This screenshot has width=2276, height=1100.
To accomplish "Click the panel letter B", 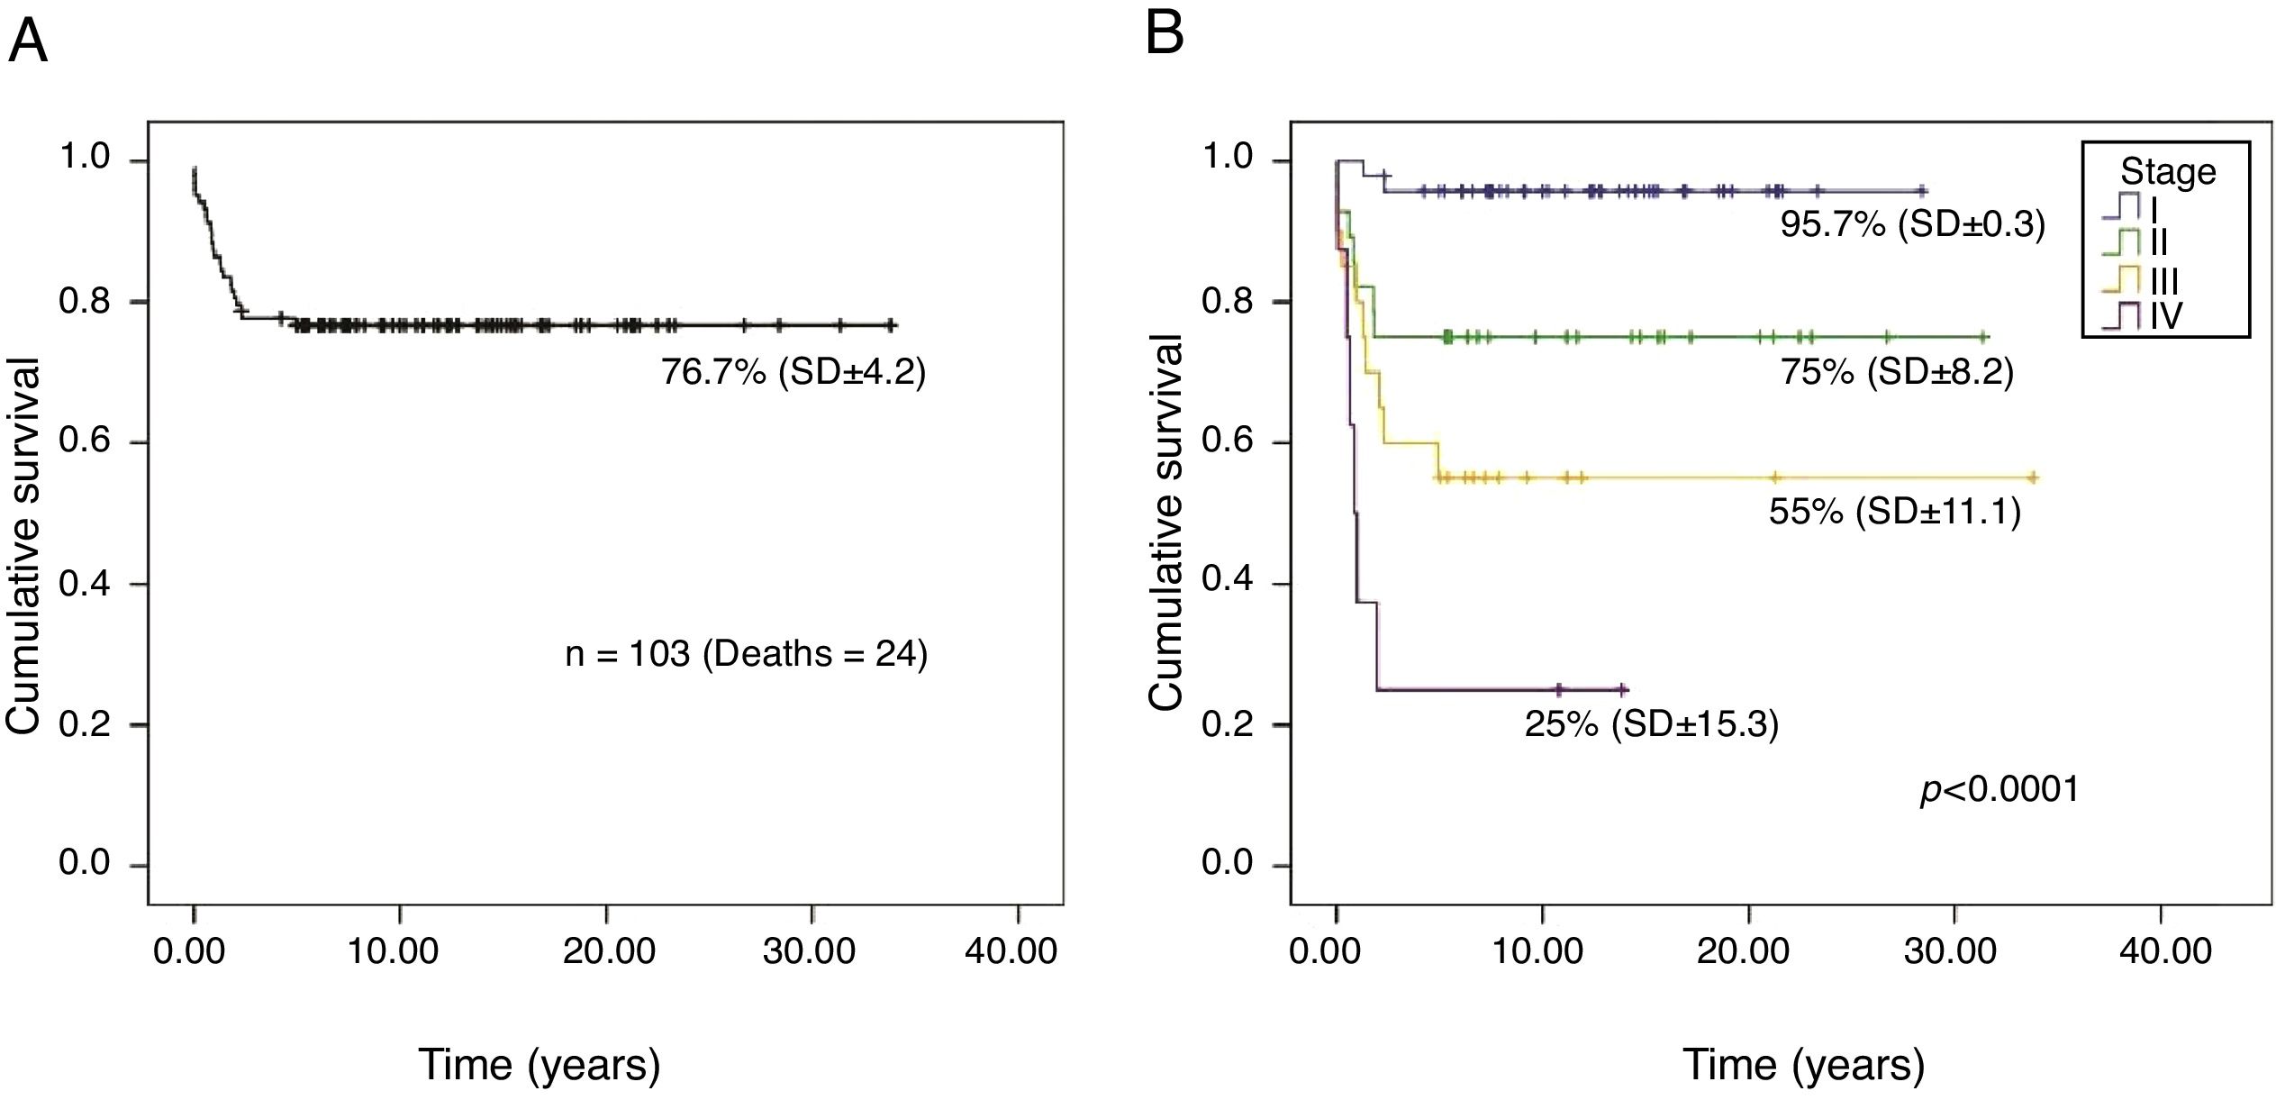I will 1165,33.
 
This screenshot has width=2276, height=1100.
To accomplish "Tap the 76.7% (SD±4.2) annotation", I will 793,371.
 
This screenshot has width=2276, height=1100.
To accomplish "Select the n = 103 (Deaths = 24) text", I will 746,654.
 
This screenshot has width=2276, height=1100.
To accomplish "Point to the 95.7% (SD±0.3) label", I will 1912,224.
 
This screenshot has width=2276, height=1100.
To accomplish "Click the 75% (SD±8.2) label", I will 1896,372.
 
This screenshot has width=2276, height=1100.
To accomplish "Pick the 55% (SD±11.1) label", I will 1895,512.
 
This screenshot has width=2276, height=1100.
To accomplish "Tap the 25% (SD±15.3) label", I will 1651,724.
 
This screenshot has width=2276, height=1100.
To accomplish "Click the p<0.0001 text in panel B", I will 1999,790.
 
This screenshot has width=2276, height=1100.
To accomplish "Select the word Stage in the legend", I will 2168,171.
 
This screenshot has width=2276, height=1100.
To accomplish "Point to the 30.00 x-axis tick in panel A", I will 809,951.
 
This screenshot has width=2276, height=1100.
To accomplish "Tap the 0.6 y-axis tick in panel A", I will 85,441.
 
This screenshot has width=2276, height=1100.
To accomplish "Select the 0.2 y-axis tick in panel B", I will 1227,724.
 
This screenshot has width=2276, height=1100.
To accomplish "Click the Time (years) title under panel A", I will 539,1064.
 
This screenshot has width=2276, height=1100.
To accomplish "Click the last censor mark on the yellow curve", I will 2033,477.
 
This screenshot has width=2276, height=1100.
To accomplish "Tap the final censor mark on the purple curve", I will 1622,690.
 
